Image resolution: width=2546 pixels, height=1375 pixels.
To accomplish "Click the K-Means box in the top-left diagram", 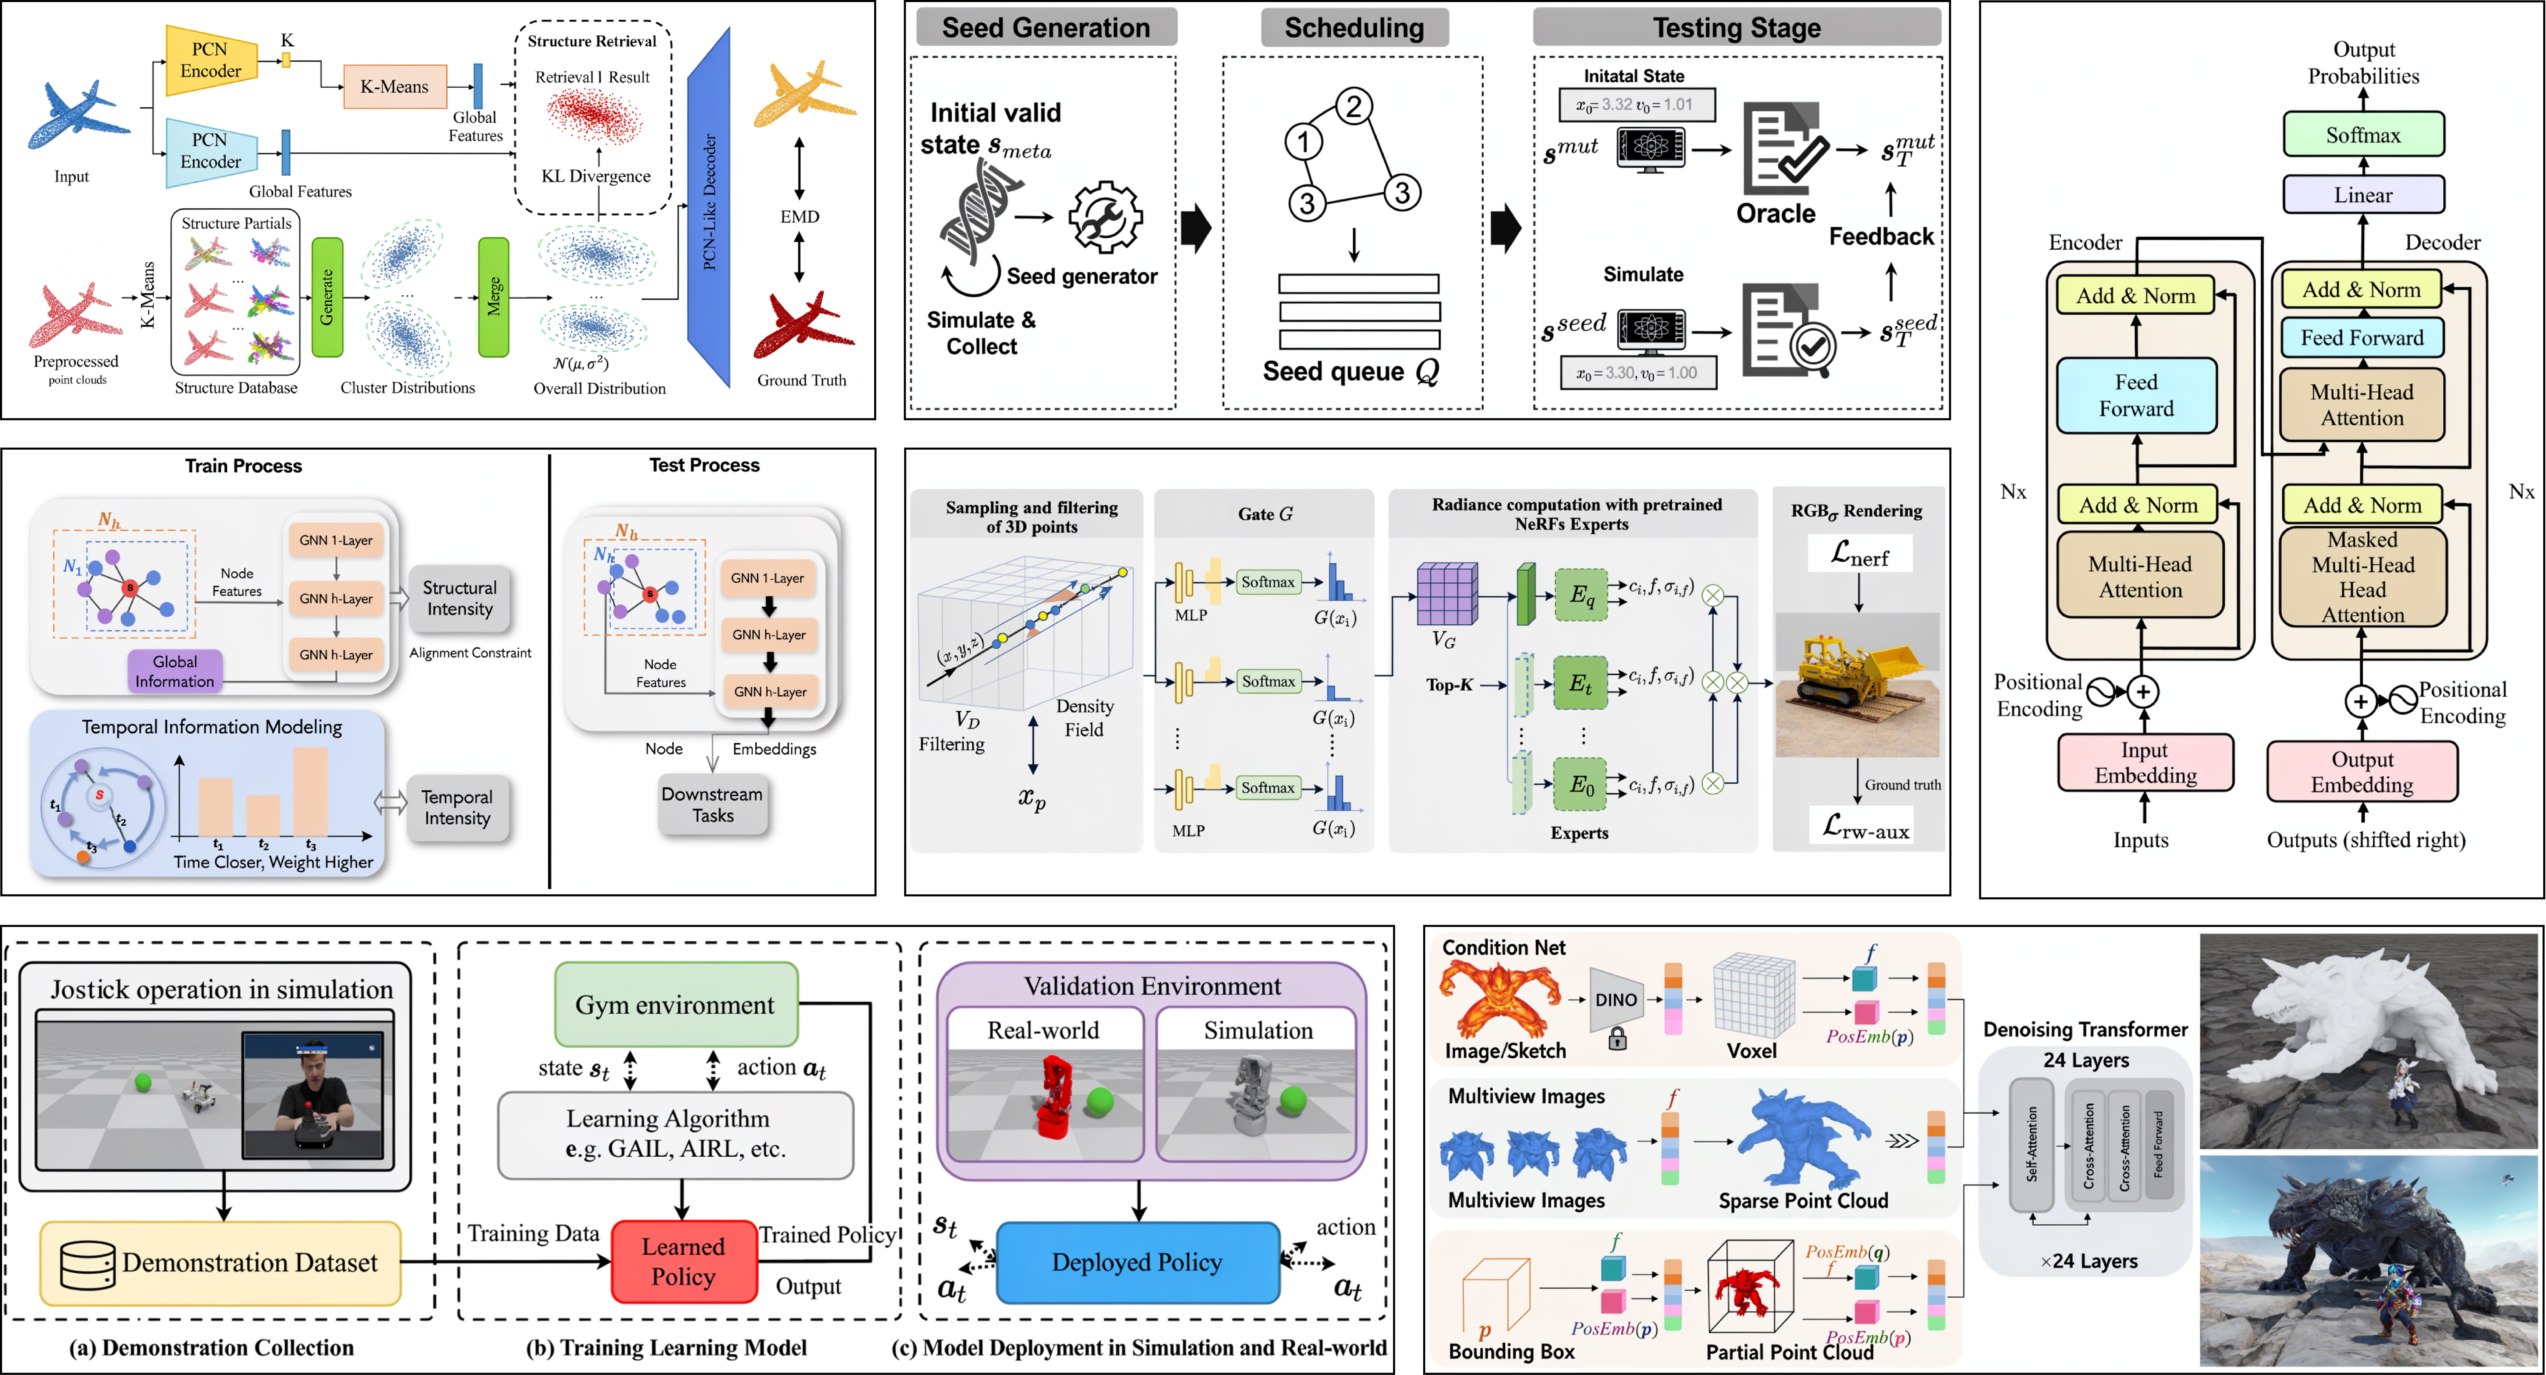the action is [394, 87].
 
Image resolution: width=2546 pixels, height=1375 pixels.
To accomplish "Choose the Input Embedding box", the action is [2145, 763].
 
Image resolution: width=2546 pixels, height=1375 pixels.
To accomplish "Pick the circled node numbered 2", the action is [1354, 106].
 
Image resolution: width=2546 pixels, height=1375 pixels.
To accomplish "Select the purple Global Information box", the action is [175, 671].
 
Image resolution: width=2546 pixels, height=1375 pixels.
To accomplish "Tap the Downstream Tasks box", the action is [713, 805].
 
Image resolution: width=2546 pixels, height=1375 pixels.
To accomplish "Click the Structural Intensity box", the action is [460, 598].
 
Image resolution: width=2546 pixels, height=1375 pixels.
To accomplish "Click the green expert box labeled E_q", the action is [1581, 595].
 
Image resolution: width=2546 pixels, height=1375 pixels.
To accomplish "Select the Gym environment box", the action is [676, 1004].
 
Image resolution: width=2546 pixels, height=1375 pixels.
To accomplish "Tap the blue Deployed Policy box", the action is [1137, 1262].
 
